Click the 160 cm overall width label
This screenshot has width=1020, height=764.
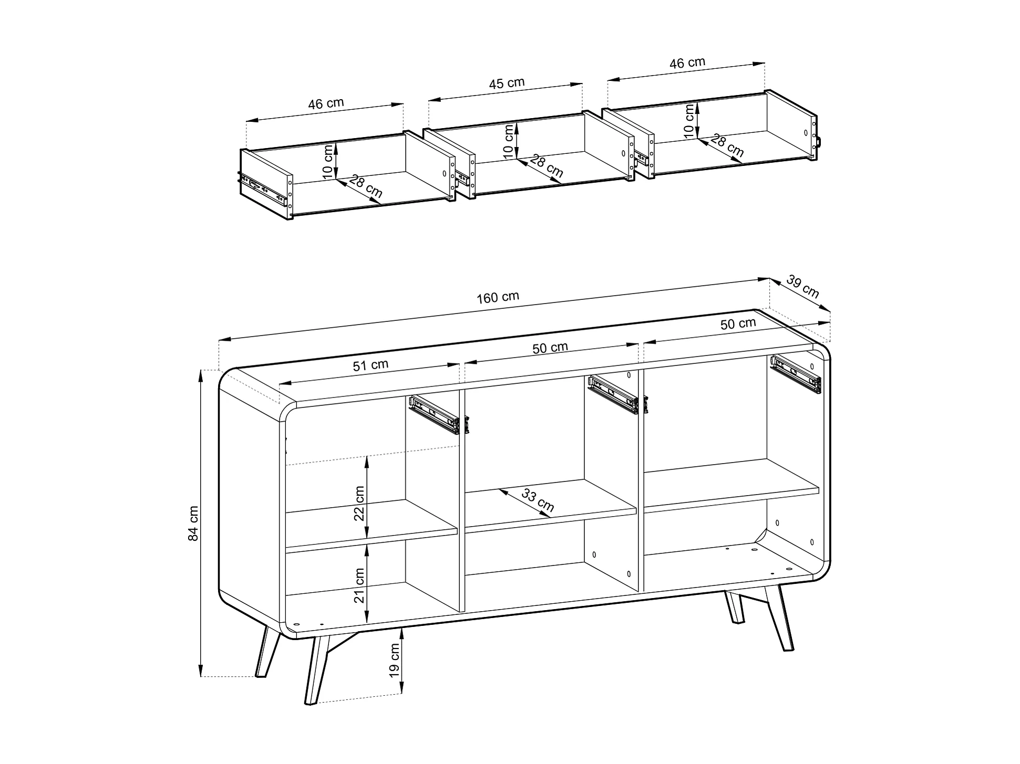point(498,297)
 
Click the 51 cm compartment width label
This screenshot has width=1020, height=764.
point(370,365)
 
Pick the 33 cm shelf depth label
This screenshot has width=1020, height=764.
point(538,500)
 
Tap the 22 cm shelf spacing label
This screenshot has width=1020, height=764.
point(359,503)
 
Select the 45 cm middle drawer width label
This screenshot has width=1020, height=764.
point(507,83)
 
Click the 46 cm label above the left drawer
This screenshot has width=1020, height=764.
point(326,103)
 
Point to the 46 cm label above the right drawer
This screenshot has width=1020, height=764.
point(687,63)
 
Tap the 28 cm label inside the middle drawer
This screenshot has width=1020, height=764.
point(547,166)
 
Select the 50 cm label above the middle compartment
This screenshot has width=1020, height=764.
point(550,348)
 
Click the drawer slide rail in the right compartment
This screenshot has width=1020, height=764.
point(796,374)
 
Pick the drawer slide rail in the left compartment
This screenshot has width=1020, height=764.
point(439,415)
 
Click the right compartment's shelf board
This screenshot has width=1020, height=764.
point(731,486)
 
